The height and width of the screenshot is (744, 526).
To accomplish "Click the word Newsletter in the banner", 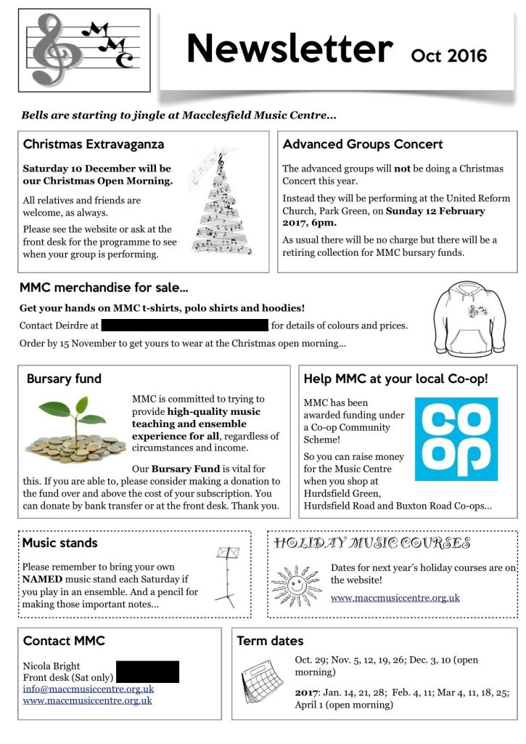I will tap(289, 49).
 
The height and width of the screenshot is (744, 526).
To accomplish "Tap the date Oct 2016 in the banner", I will tap(448, 55).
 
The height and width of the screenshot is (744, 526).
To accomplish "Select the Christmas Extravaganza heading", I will tap(94, 144).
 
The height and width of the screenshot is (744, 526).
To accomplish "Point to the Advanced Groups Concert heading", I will tap(363, 144).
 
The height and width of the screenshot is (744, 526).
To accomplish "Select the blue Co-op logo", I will tap(456, 439).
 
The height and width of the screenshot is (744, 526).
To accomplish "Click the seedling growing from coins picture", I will tap(77, 433).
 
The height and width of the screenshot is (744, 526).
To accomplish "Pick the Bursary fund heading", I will tap(64, 379).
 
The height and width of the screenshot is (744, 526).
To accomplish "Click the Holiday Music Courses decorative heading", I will tap(372, 543).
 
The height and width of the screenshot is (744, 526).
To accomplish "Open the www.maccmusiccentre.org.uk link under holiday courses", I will tap(395, 598).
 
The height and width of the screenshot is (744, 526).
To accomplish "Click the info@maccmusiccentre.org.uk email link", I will tap(89, 689).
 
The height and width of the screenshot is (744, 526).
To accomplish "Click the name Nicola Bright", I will tap(52, 666).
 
